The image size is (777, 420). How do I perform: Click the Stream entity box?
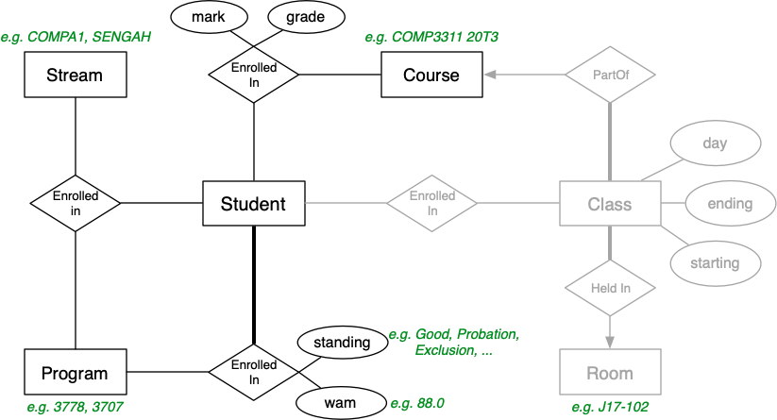click(75, 74)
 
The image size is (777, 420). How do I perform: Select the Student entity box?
click(254, 203)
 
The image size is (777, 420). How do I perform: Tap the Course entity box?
click(431, 74)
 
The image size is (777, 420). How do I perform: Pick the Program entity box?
click(75, 374)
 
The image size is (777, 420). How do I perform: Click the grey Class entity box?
click(610, 203)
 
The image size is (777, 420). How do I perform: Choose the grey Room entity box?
click(610, 374)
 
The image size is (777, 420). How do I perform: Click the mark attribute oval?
click(207, 18)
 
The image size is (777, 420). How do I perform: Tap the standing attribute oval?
click(342, 342)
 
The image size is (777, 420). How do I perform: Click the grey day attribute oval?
click(715, 143)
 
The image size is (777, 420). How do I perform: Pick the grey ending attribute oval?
click(729, 203)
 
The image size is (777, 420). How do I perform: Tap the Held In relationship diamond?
click(610, 285)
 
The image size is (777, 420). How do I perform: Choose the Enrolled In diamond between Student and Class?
click(432, 203)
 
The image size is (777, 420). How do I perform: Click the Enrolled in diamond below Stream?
click(76, 203)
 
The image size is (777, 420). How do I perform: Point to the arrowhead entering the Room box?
click(610, 342)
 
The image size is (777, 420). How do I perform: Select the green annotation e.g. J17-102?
click(610, 408)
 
